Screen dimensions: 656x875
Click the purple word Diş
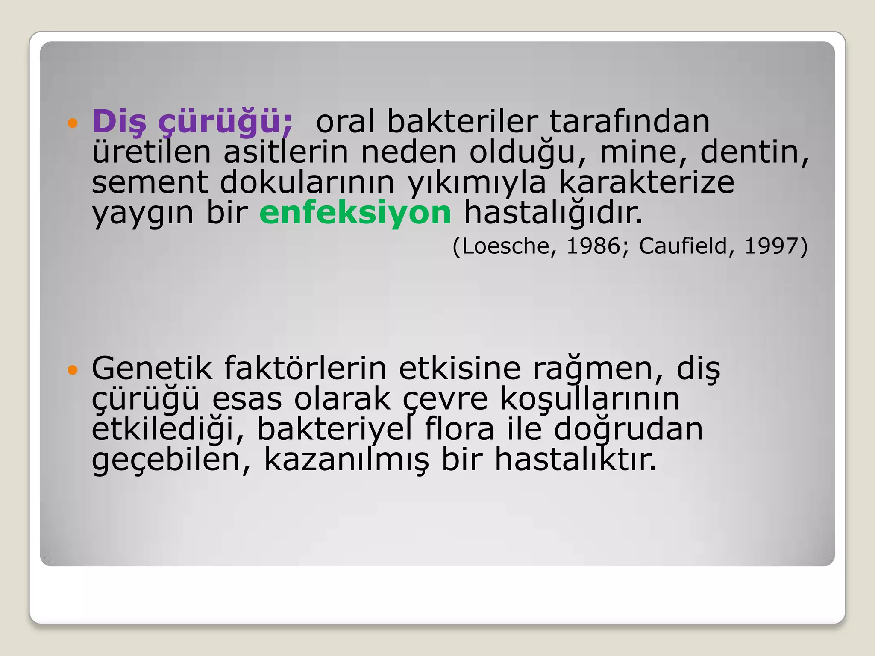click(119, 122)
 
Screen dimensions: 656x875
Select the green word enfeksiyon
click(355, 213)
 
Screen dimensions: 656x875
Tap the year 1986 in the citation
click(593, 246)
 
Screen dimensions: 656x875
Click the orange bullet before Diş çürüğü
click(73, 123)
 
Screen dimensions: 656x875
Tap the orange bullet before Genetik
click(73, 369)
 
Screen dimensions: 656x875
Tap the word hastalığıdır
click(553, 213)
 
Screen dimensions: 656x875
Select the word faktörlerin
click(305, 368)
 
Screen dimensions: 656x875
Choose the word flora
click(459, 429)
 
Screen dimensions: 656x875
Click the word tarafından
click(629, 122)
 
